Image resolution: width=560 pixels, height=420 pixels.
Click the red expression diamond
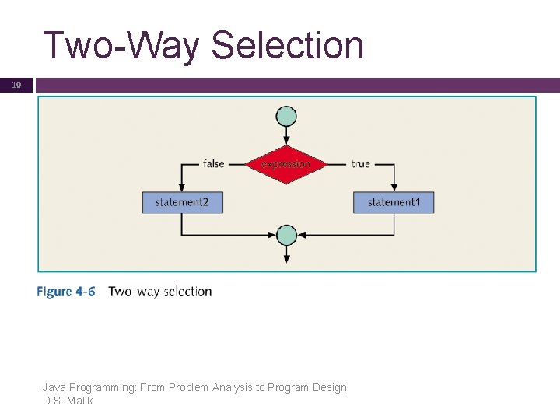(x=286, y=164)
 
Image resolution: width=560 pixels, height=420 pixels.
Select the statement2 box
(x=181, y=202)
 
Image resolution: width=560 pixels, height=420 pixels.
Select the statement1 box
(x=394, y=202)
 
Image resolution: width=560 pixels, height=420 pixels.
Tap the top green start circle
(x=287, y=117)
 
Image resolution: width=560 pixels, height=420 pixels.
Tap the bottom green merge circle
(x=287, y=235)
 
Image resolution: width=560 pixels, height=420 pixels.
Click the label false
(x=213, y=164)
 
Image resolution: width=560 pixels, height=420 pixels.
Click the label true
(x=360, y=164)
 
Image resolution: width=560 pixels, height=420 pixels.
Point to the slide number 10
(x=16, y=85)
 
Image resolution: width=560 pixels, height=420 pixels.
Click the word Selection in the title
(x=287, y=45)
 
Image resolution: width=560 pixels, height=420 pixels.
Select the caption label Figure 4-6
(x=66, y=292)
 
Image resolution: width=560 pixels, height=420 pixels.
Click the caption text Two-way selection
(x=159, y=292)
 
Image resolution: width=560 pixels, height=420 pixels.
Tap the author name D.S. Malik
(x=68, y=401)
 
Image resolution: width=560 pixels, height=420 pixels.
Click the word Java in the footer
(x=54, y=387)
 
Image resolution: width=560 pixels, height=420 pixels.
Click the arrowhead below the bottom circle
(x=287, y=258)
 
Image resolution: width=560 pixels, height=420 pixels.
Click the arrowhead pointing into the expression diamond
(x=287, y=140)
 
